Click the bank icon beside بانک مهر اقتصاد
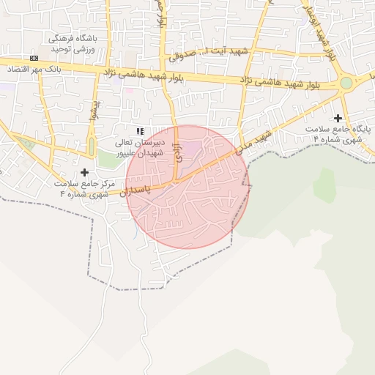pyautogui.click(x=34, y=58)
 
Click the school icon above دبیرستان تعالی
pyautogui.click(x=140, y=130)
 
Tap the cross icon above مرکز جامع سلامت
pyautogui.click(x=84, y=172)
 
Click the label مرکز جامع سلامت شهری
pyautogui.click(x=83, y=189)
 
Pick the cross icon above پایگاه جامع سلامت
pyautogui.click(x=338, y=118)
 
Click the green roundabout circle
pyautogui.click(x=346, y=83)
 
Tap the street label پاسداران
pyautogui.click(x=134, y=191)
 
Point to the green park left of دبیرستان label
pyautogui.click(x=108, y=159)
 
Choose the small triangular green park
pyautogui.click(x=27, y=143)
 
